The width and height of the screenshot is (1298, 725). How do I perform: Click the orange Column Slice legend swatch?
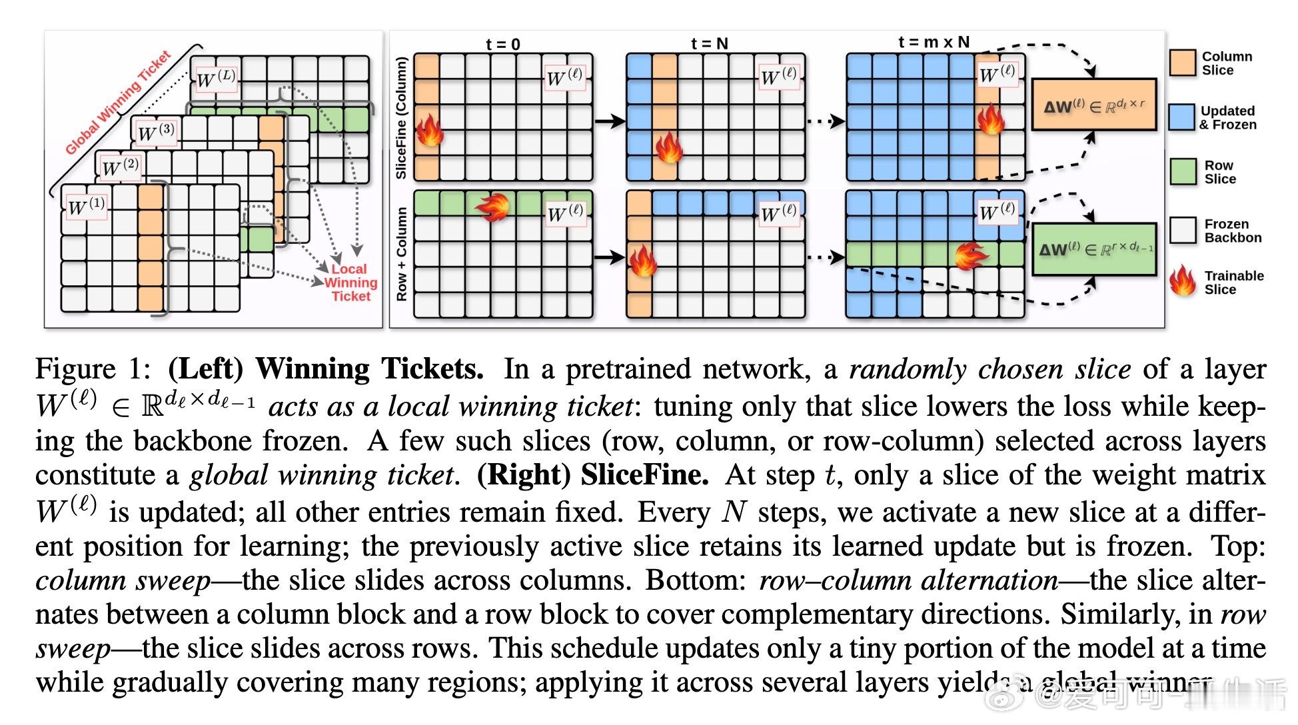(1183, 63)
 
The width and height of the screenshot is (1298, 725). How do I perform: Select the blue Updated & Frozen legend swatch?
(1182, 117)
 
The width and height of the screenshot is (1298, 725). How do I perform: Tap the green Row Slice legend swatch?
(1183, 172)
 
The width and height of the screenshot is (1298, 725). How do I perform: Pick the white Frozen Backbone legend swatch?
(1183, 231)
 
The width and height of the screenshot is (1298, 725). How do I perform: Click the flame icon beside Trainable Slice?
(1183, 281)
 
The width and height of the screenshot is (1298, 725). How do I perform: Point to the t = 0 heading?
(502, 44)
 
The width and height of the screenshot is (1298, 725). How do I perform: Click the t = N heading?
(709, 44)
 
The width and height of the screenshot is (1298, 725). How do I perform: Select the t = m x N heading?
(934, 42)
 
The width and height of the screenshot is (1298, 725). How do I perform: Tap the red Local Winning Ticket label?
(350, 283)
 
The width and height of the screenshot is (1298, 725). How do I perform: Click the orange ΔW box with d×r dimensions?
(1094, 105)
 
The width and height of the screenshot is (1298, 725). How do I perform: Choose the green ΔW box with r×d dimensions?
(1094, 249)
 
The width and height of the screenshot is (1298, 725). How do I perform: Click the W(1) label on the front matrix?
(87, 206)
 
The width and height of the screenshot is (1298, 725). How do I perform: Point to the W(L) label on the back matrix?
(215, 78)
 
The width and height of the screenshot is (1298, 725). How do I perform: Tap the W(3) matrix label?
(156, 132)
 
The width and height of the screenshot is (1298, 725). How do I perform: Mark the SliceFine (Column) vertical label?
(401, 118)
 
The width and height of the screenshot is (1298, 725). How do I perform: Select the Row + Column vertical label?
(401, 254)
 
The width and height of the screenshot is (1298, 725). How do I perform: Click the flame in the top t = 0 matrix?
(429, 130)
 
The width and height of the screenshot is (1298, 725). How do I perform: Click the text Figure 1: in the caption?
(94, 369)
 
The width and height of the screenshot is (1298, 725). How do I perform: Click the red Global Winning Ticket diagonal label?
(118, 102)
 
